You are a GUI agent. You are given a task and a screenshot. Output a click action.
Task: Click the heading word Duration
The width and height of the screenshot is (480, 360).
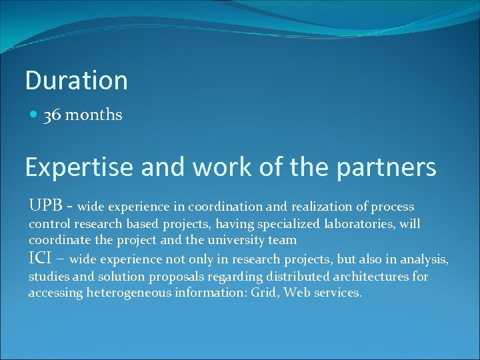pyautogui.click(x=76, y=80)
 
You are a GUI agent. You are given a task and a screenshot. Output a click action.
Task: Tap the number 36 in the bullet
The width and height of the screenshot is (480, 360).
pyautogui.click(x=52, y=115)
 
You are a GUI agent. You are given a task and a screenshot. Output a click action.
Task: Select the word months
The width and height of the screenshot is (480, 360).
pyautogui.click(x=93, y=115)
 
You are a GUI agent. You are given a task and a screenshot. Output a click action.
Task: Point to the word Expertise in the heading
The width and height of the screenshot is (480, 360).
pyautogui.click(x=79, y=167)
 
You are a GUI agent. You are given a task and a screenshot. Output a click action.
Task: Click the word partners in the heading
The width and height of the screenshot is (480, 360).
pyautogui.click(x=387, y=167)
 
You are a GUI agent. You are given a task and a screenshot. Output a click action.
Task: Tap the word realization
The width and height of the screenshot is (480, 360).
pyautogui.click(x=326, y=207)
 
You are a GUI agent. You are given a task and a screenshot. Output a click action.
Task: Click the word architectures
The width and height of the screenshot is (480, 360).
pyautogui.click(x=347, y=276)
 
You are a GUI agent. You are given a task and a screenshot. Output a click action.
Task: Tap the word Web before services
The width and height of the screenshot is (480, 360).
pyautogui.click(x=297, y=293)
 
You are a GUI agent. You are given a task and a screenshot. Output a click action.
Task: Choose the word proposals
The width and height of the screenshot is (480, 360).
pyautogui.click(x=177, y=276)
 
